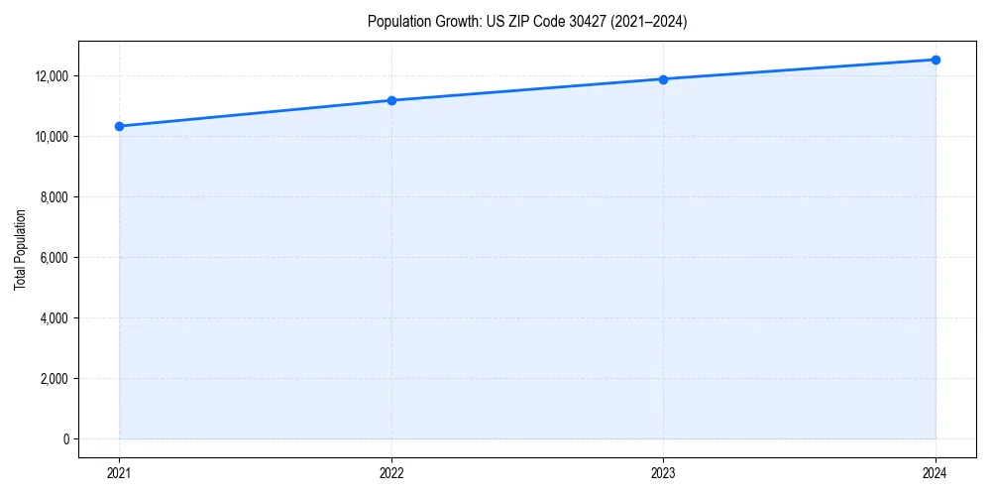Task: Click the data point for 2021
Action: pyautogui.click(x=119, y=126)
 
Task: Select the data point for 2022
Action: pyautogui.click(x=391, y=100)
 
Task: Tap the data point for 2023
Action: pyautogui.click(x=663, y=79)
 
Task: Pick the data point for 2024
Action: pyautogui.click(x=936, y=60)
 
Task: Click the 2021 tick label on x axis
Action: pyautogui.click(x=119, y=473)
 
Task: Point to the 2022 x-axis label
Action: pyautogui.click(x=391, y=473)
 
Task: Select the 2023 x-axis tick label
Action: pyautogui.click(x=663, y=473)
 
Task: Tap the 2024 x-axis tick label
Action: pyautogui.click(x=936, y=473)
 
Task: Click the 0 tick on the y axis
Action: pyautogui.click(x=64, y=439)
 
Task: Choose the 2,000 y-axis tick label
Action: pyautogui.click(x=54, y=379)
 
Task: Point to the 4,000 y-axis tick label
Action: pyautogui.click(x=54, y=318)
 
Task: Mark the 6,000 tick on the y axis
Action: pyautogui.click(x=54, y=258)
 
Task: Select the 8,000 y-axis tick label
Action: pyautogui.click(x=54, y=197)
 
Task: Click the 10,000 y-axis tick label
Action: pyautogui.click(x=51, y=137)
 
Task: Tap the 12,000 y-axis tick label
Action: pyautogui.click(x=51, y=76)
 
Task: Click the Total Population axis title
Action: pyautogui.click(x=20, y=249)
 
